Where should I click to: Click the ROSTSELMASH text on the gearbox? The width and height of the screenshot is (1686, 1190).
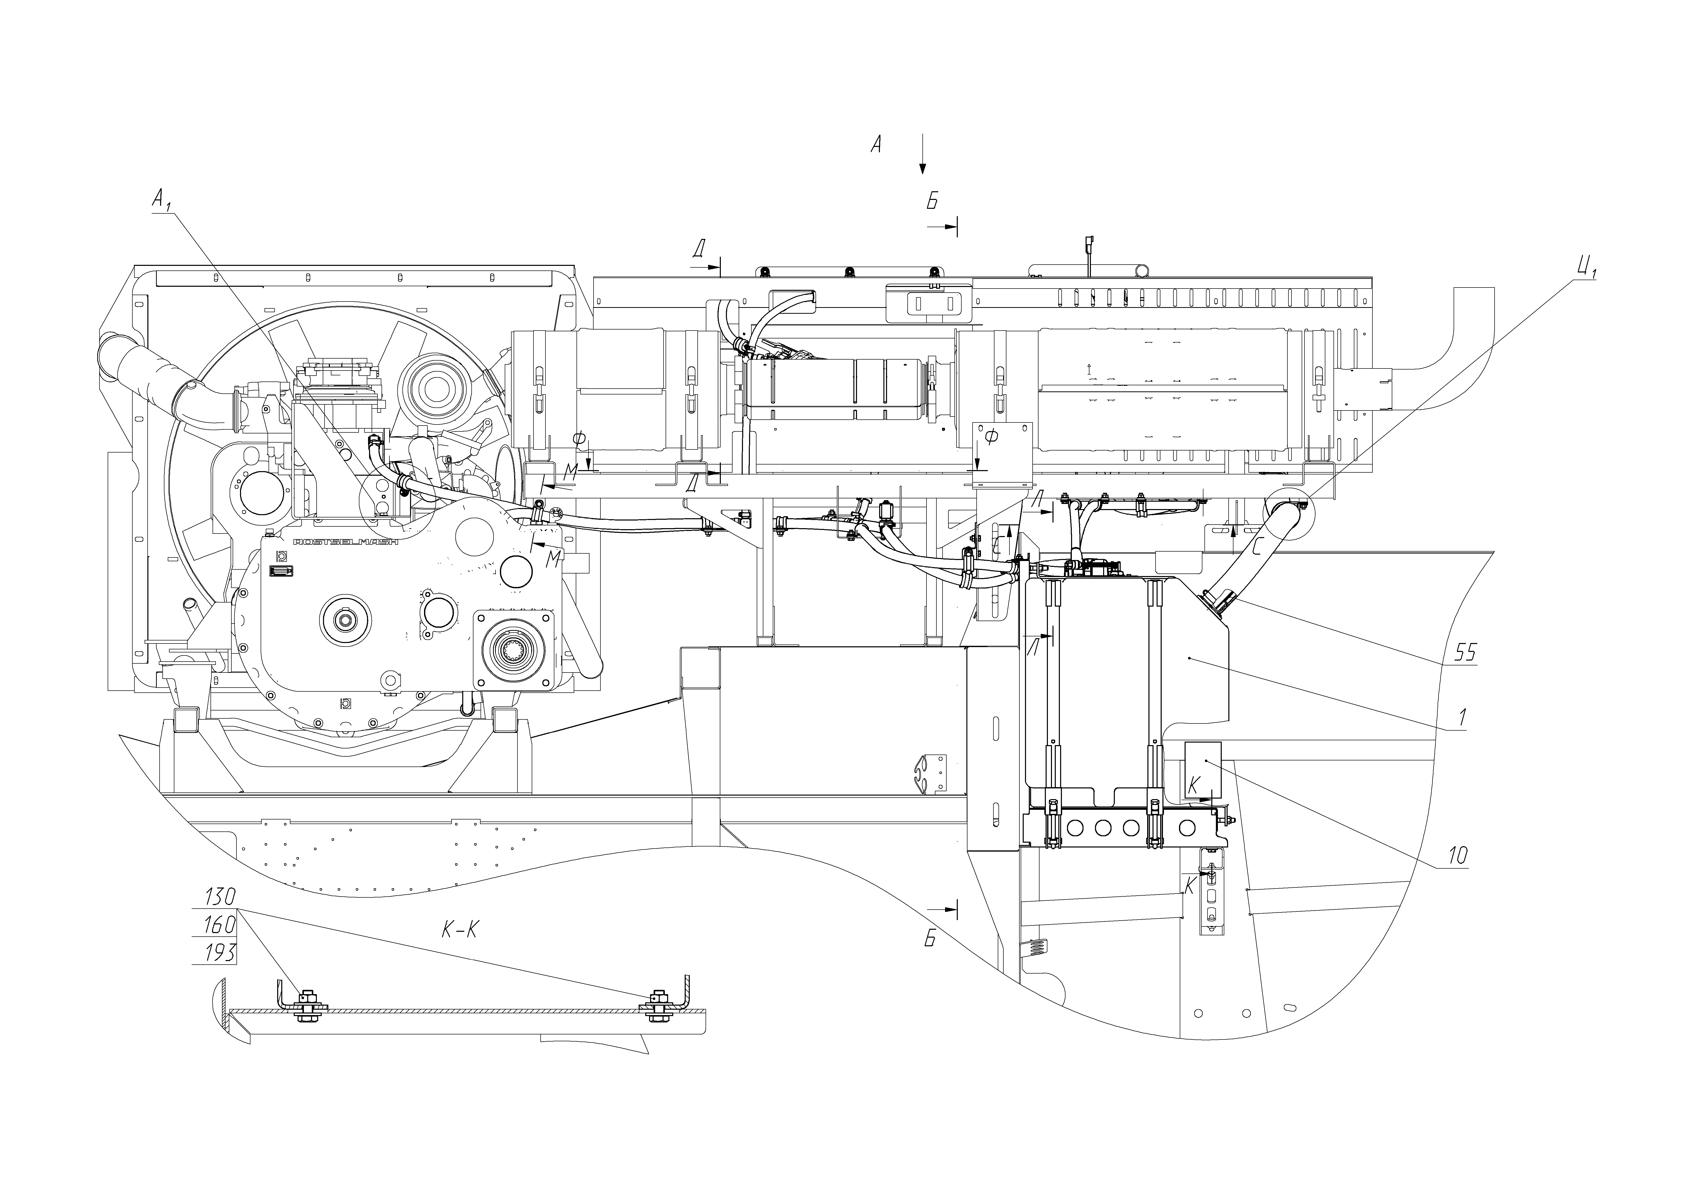345,542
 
